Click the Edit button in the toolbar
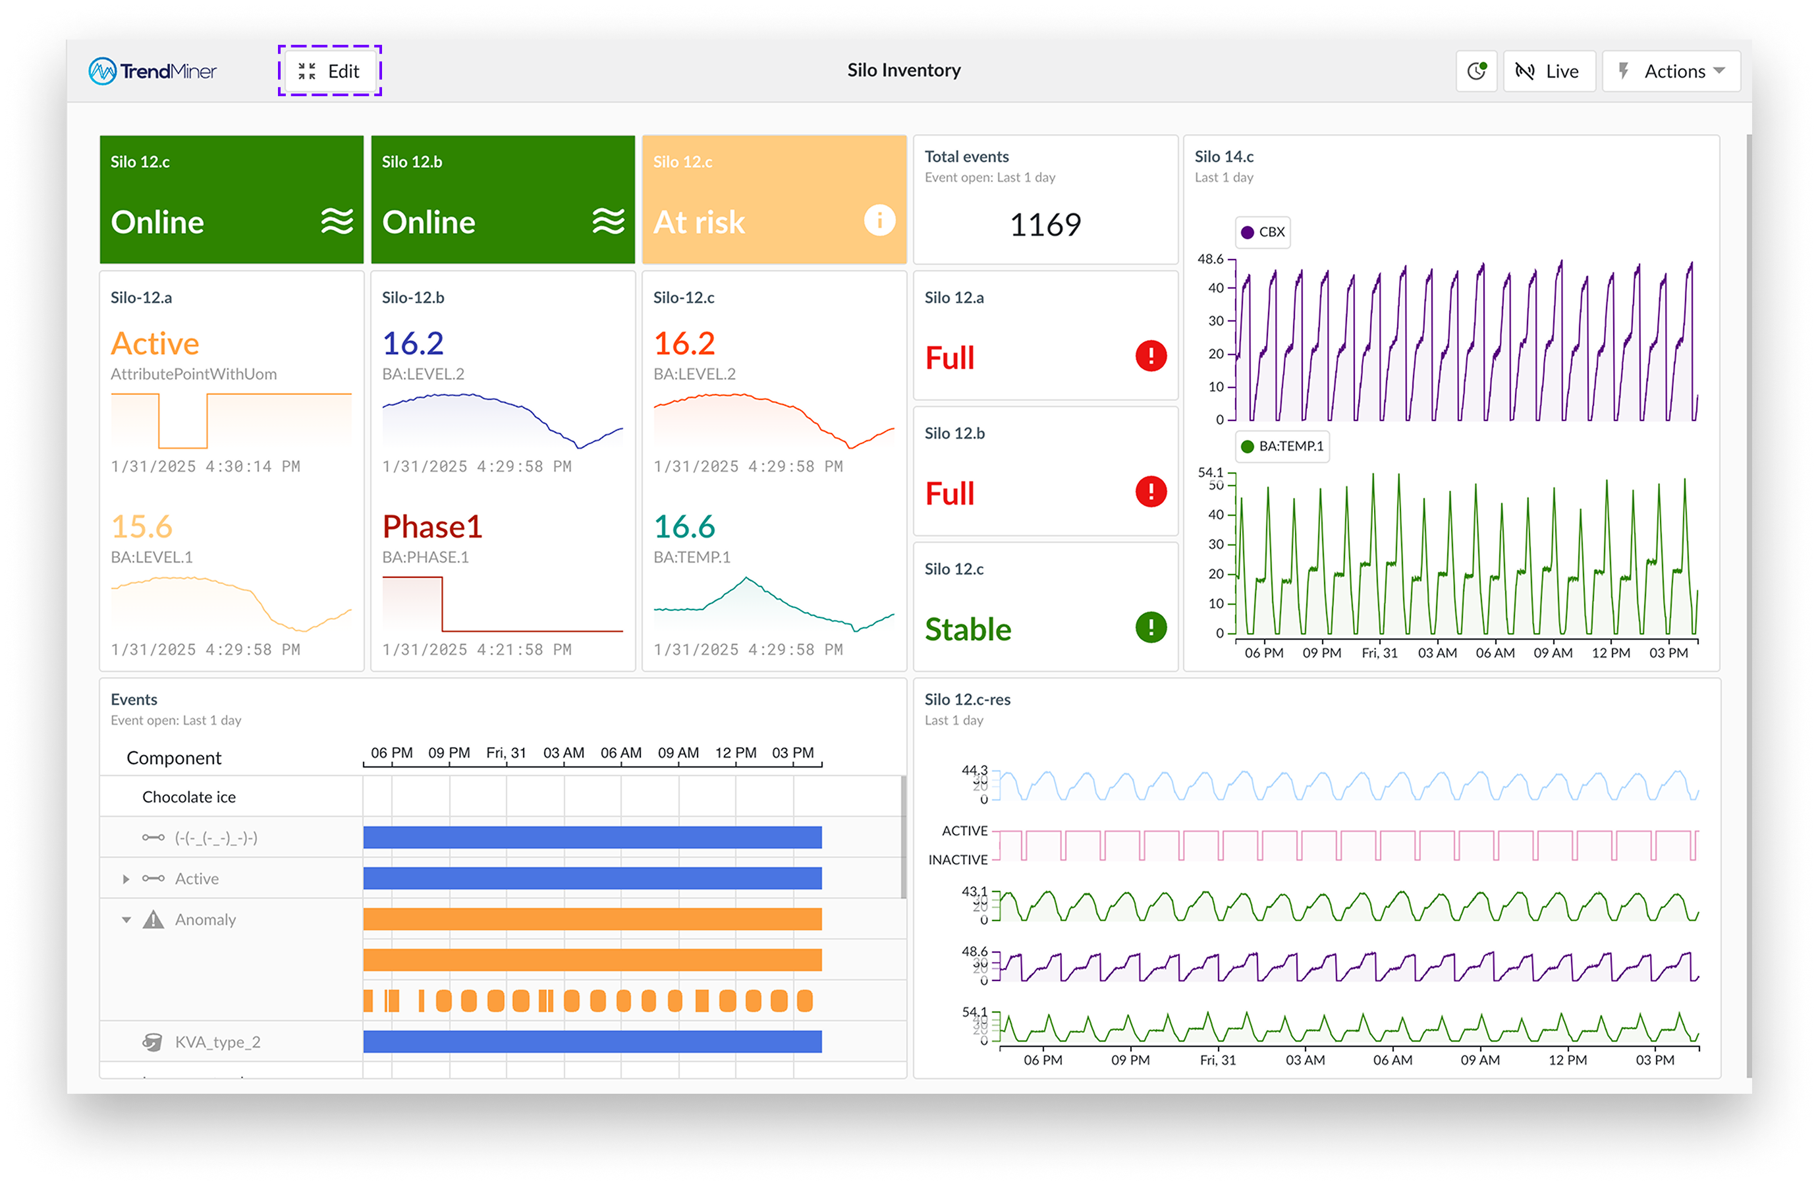pyautogui.click(x=329, y=71)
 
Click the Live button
pyautogui.click(x=1549, y=71)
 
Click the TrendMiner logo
pyautogui.click(x=153, y=71)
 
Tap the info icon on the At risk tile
pyautogui.click(x=879, y=221)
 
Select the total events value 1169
pyautogui.click(x=1045, y=225)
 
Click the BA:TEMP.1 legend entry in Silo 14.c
pyautogui.click(x=1282, y=446)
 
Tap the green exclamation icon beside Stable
pyautogui.click(x=1150, y=627)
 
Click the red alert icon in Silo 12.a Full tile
pyautogui.click(x=1150, y=356)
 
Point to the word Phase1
pyautogui.click(x=432, y=526)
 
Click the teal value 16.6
pyautogui.click(x=684, y=526)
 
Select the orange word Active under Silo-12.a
pyautogui.click(x=155, y=344)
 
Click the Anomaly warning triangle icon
pyautogui.click(x=153, y=919)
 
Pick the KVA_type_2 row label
pyautogui.click(x=218, y=1042)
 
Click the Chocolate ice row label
pyautogui.click(x=188, y=797)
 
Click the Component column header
pyautogui.click(x=174, y=758)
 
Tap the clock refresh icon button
pyautogui.click(x=1475, y=71)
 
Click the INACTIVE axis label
pyautogui.click(x=958, y=860)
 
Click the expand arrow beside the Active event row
pyautogui.click(x=126, y=880)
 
